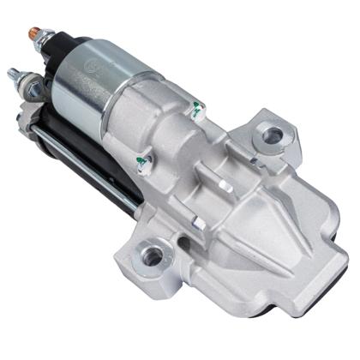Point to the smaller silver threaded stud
(15, 75)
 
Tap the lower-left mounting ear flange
(150, 257)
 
